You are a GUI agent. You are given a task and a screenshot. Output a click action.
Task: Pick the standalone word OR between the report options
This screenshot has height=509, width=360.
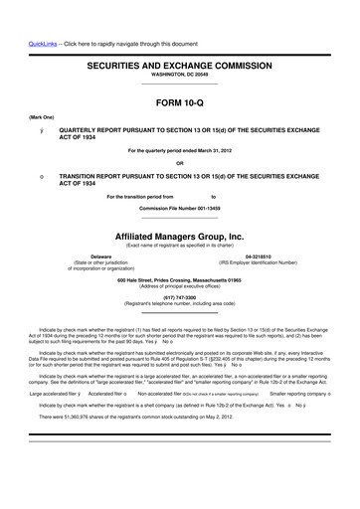pyautogui.click(x=179, y=163)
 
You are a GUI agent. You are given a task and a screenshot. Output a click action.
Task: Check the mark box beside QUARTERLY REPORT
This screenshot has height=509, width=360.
pyautogui.click(x=40, y=129)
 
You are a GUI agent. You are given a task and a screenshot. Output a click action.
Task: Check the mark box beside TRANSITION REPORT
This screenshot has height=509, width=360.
pyautogui.click(x=40, y=177)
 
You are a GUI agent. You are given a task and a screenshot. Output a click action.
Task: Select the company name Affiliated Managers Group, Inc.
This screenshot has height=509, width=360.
pyautogui.click(x=179, y=236)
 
